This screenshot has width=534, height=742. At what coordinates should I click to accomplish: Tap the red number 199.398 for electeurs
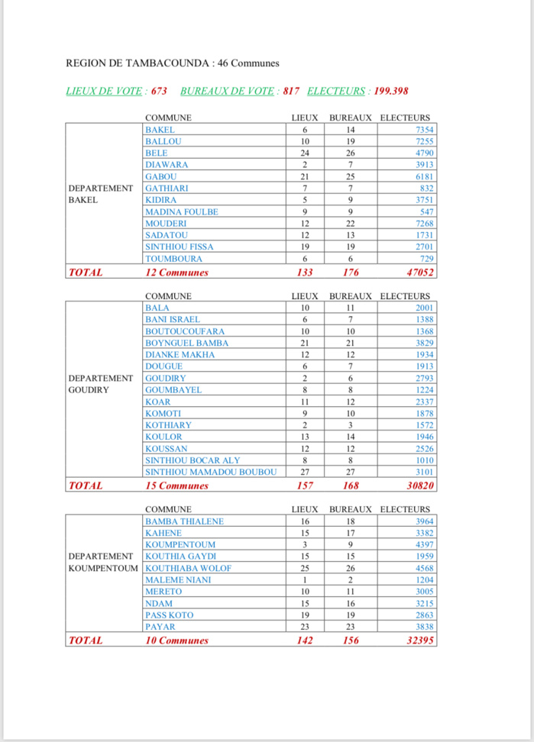coord(390,91)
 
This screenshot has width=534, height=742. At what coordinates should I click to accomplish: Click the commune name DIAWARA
coord(167,165)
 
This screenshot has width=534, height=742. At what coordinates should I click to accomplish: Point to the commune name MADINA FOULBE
coord(181,211)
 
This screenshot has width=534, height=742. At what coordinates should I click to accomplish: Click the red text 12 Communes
coord(176,272)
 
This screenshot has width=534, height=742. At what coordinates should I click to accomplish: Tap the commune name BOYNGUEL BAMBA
coord(186,343)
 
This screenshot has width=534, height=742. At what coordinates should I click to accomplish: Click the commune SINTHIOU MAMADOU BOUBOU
coord(211,472)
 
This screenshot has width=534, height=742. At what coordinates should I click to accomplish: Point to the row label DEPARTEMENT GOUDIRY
coord(101,384)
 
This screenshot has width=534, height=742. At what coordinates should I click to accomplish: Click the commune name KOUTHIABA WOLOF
coord(188,568)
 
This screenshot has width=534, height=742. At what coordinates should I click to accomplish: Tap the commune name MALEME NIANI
coord(178,580)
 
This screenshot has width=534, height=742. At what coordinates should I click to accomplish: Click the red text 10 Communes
coord(176,640)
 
